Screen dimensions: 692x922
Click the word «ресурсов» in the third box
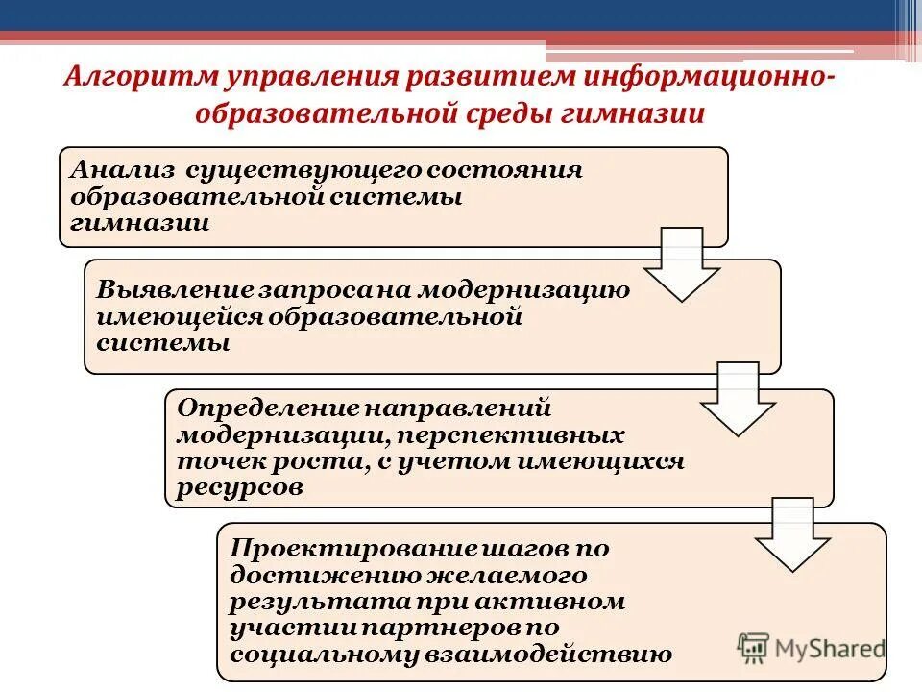tap(239, 488)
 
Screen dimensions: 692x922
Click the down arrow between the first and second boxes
tap(681, 263)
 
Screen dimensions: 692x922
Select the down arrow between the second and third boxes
tap(736, 397)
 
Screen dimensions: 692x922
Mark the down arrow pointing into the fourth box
tap(791, 533)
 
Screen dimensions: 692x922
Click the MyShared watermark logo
tap(811, 647)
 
